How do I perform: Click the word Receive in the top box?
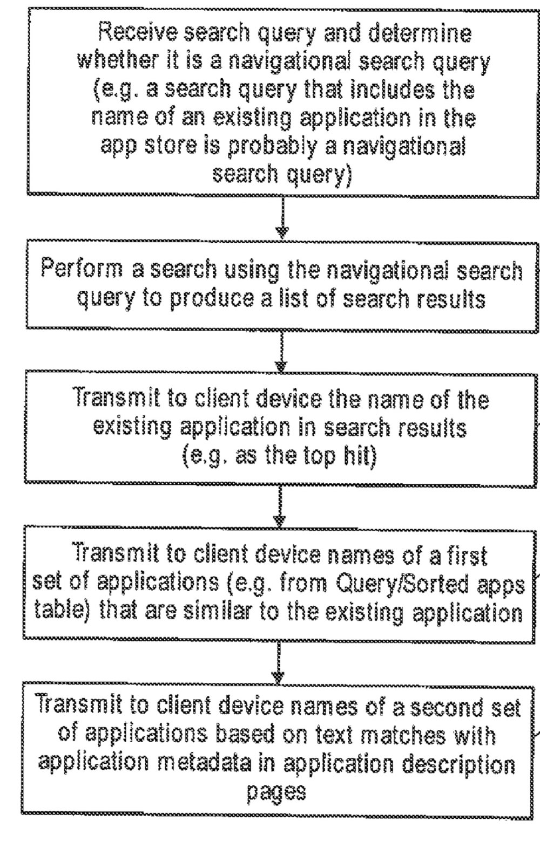tap(138, 33)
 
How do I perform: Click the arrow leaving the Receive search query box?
tap(282, 218)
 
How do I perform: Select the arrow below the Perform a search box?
tap(281, 351)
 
